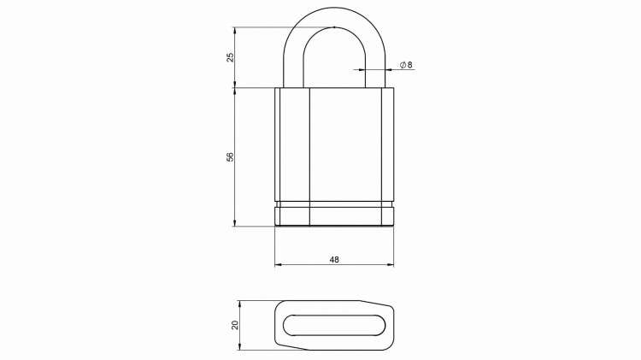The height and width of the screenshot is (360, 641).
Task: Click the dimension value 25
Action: pyautogui.click(x=229, y=56)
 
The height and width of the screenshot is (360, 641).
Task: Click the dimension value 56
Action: pyautogui.click(x=229, y=156)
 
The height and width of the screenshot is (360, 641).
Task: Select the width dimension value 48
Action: pyautogui.click(x=334, y=258)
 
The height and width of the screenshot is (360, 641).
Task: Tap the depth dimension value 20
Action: pyautogui.click(x=234, y=325)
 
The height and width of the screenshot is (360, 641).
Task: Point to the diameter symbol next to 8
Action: pyautogui.click(x=403, y=65)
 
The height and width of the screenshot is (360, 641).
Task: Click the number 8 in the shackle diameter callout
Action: pyautogui.click(x=410, y=65)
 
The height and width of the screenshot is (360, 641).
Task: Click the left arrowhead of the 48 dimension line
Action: pyautogui.click(x=278, y=265)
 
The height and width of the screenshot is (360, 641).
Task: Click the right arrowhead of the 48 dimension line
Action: pyautogui.click(x=391, y=265)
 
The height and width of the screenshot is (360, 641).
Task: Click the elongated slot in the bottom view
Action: pyautogui.click(x=333, y=325)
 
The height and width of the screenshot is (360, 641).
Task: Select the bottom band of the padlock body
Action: pyautogui.click(x=334, y=217)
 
